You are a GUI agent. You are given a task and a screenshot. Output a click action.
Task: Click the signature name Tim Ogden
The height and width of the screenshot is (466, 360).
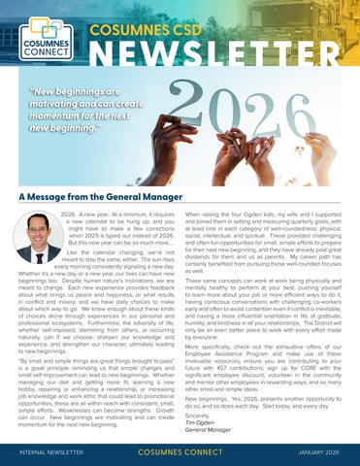(200, 419)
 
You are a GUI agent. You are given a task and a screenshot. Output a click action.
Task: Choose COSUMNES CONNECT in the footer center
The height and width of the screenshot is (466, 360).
(180, 451)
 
